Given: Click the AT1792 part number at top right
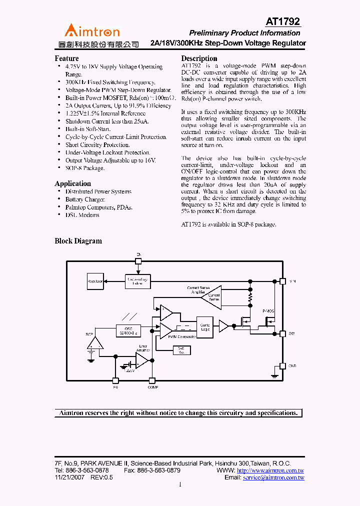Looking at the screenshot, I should click(x=282, y=21).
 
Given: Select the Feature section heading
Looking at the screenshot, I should click(x=66, y=58).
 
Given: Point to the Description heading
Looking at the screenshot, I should click(x=199, y=58).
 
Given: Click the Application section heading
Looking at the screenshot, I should click(x=72, y=183).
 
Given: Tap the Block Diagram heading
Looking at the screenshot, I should click(x=78, y=241).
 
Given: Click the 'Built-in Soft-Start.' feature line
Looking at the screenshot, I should click(x=88, y=129).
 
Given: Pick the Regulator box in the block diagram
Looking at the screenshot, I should click(x=95, y=281).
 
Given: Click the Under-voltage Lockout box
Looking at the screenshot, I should click(x=138, y=281).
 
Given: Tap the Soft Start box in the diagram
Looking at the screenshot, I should click(x=181, y=350).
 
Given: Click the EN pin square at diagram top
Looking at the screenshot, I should click(x=138, y=260).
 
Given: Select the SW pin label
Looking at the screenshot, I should click(x=291, y=333).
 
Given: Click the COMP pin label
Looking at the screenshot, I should click(x=152, y=387).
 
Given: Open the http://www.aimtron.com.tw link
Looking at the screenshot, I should click(x=270, y=470).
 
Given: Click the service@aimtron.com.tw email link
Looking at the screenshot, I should click(x=273, y=478).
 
